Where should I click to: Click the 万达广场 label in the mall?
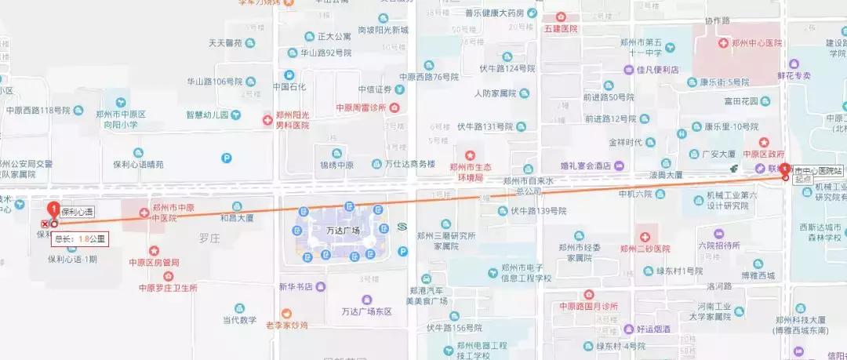(x=342, y=231)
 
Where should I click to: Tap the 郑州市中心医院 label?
(x=756, y=43)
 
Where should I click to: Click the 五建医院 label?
(x=560, y=28)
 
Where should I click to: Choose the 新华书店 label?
(x=296, y=286)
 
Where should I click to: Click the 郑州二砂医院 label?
(x=645, y=249)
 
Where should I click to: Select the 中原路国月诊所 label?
(x=588, y=305)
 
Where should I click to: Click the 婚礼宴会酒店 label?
(x=586, y=165)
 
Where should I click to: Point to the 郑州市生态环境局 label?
(x=470, y=172)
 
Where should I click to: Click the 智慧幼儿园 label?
(x=207, y=115)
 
